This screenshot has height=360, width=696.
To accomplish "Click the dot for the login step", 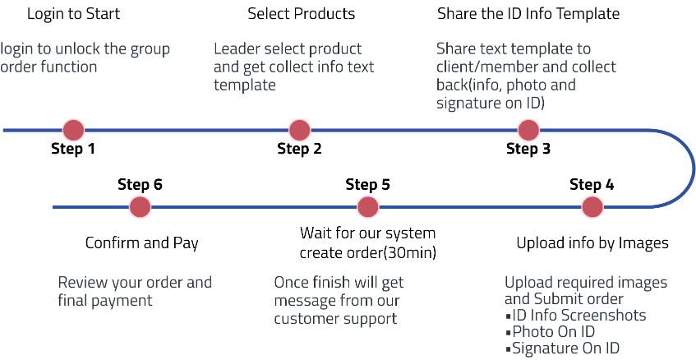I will coord(73,130).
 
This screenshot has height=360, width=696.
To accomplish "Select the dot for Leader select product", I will coord(299,130).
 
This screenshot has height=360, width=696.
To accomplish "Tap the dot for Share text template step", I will coord(528,130).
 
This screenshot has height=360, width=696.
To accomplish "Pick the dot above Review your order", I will coord(140,207).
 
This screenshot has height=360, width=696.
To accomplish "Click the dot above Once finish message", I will coord(367,207).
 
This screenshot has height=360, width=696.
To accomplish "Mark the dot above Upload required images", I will coord(592,207).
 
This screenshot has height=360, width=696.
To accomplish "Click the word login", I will coord(16,49).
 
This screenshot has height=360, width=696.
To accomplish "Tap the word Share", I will coord(454,49).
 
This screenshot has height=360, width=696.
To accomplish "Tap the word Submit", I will coord(558,299).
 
